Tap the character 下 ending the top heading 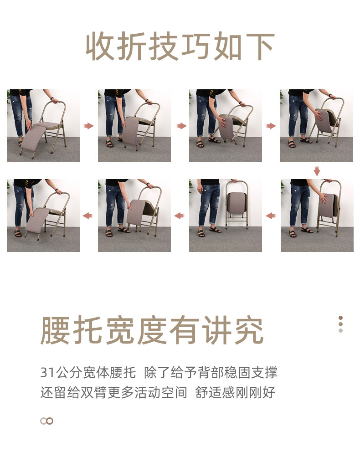point(259,47)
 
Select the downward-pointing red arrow point(317,171)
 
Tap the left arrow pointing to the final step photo point(88,216)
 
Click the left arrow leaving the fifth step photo point(271,216)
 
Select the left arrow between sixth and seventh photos point(180,216)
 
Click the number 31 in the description point(47,373)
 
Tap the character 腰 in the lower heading point(56,330)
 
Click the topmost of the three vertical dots point(340,318)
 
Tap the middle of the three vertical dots point(340,324)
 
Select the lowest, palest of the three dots point(340,330)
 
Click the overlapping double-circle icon point(46,421)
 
